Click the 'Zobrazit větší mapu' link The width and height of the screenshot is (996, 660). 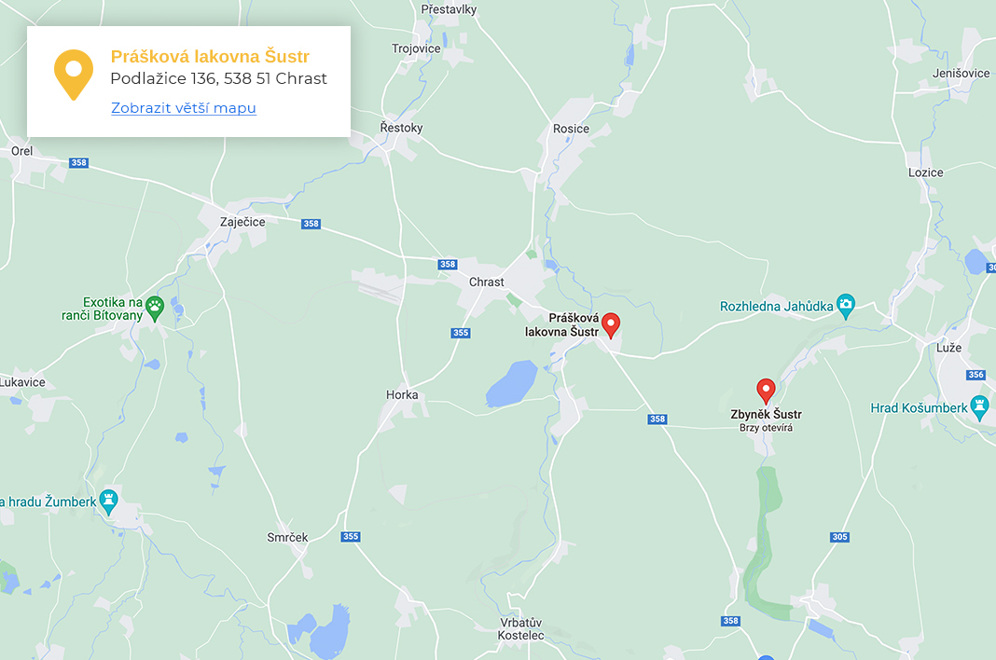tap(183, 108)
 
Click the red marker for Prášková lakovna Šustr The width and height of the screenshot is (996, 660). tap(611, 324)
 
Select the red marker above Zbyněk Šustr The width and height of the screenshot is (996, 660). tap(766, 391)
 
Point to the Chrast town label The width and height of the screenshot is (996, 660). tap(486, 282)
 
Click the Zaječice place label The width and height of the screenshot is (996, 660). tap(242, 222)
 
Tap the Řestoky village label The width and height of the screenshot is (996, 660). tap(402, 128)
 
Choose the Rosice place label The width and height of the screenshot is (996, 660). tap(571, 129)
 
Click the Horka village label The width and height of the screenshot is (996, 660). tap(402, 395)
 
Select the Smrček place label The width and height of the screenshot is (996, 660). tap(287, 538)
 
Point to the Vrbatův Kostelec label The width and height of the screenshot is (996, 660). tap(521, 628)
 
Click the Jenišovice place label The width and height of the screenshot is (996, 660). tap(961, 73)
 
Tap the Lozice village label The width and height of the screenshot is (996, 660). tap(925, 172)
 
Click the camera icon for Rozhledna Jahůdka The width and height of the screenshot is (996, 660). tap(845, 305)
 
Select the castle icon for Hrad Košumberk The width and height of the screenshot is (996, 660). tap(978, 406)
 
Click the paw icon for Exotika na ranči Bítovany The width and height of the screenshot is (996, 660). tap(155, 305)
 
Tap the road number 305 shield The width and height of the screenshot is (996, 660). tap(839, 537)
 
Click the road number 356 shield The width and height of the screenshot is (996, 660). tap(975, 375)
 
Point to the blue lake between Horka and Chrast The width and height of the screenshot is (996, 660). tap(511, 384)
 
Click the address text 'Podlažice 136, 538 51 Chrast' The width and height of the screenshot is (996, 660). tap(218, 79)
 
